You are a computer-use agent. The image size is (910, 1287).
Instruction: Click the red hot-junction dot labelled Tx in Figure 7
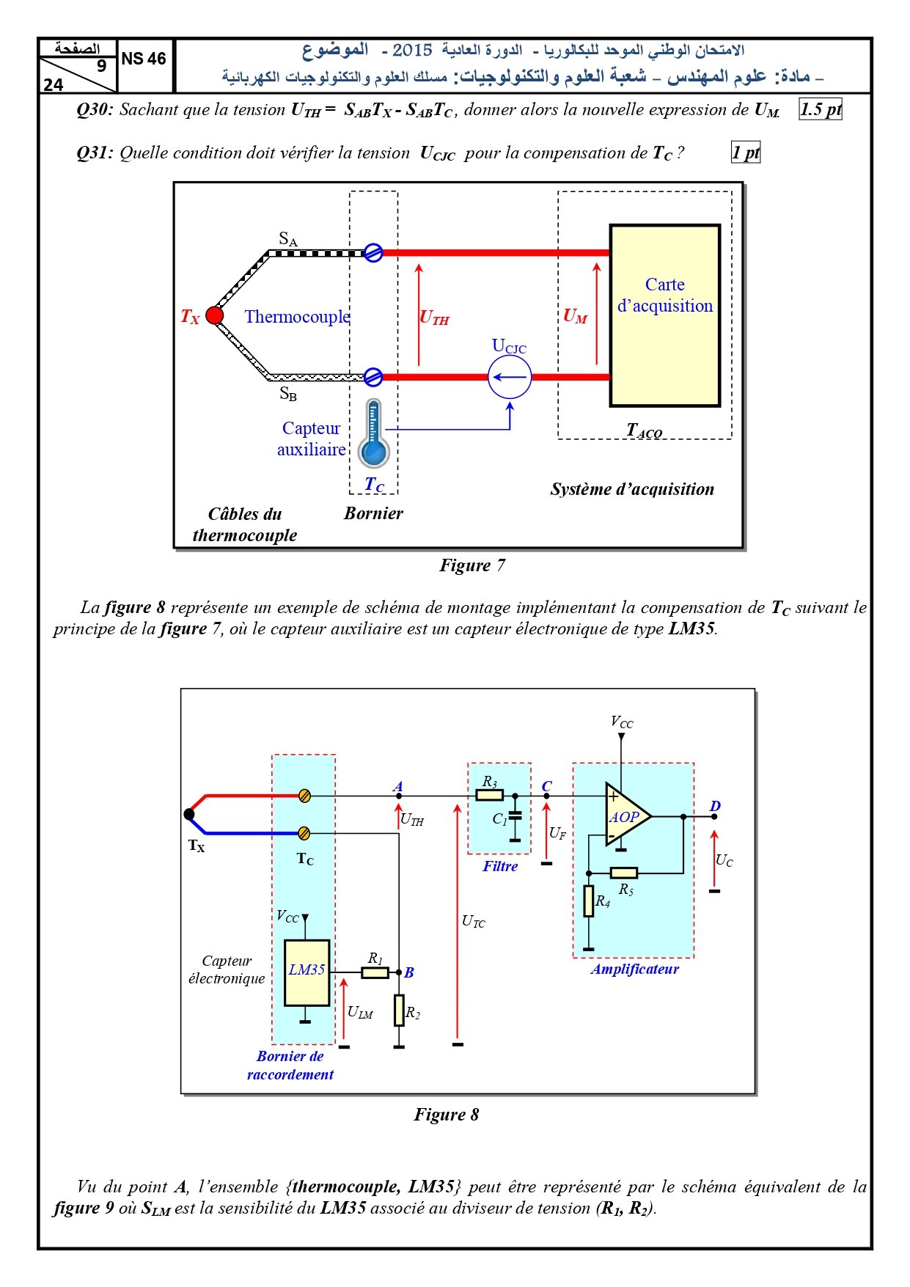215,315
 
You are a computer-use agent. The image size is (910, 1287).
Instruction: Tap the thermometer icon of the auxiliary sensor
373,433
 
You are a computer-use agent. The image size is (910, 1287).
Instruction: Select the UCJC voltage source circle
510,378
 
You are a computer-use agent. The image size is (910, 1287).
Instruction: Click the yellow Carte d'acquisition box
665,315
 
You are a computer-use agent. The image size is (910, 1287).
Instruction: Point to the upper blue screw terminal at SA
373,253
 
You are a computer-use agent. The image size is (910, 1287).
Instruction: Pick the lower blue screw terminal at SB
373,377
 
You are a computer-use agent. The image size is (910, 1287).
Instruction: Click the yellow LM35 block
307,972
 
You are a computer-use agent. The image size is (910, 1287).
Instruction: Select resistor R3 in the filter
490,795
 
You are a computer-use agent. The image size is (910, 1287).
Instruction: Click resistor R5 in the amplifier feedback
624,873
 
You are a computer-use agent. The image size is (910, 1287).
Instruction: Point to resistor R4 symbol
589,901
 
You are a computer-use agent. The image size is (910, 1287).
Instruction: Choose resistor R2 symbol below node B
399,1010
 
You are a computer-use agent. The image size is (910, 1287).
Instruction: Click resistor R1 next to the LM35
375,972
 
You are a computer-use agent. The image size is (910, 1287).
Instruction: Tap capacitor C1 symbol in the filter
515,815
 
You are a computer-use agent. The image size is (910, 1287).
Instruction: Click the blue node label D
715,806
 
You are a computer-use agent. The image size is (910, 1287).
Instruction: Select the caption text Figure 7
472,565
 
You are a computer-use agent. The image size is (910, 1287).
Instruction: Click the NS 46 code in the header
144,59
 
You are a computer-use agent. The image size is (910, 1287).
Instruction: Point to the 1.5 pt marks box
821,109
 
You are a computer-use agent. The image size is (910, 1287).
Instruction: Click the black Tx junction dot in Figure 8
189,814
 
